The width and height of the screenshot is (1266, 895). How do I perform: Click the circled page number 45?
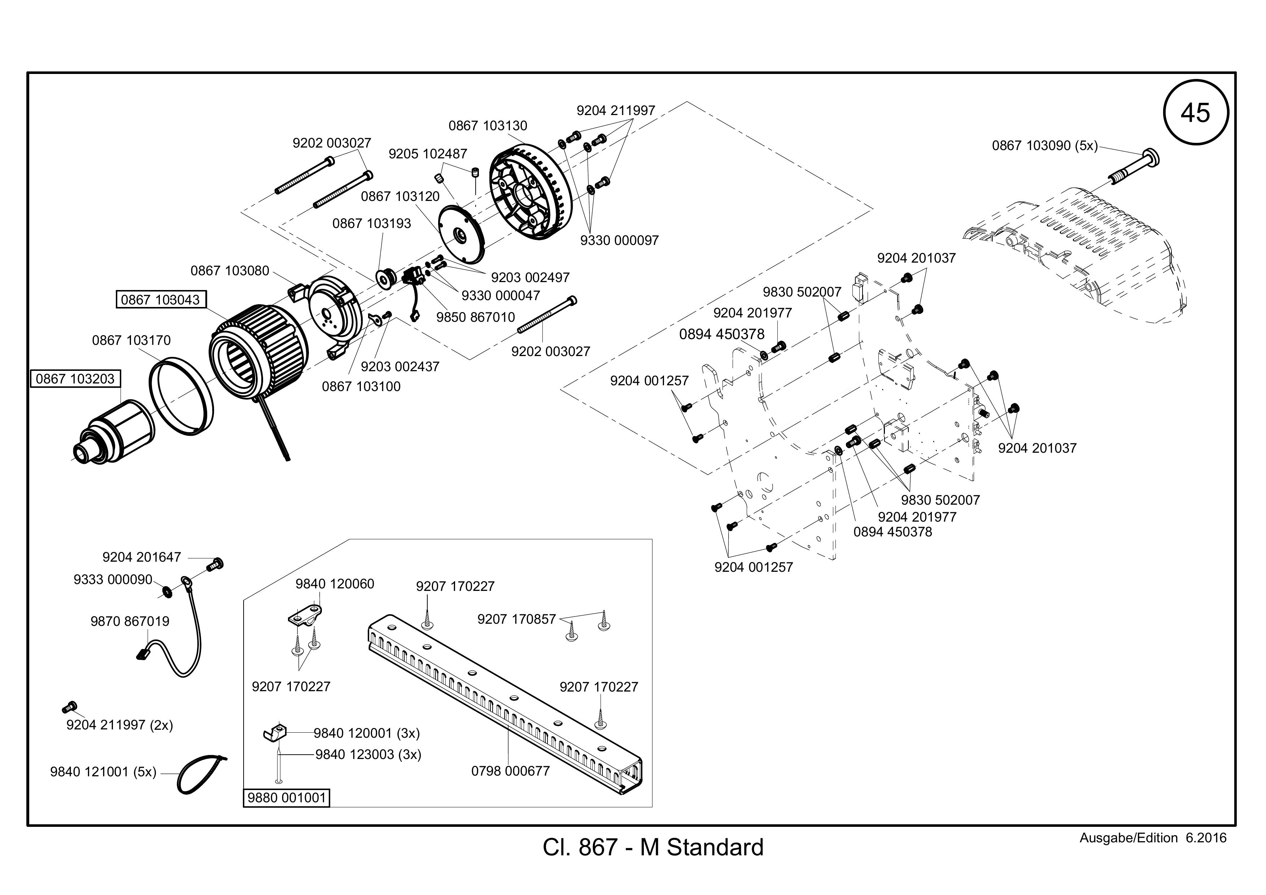(x=1195, y=113)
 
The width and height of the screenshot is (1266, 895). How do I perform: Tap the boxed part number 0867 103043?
(x=161, y=300)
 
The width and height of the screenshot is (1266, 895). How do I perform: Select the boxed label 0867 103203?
(x=75, y=379)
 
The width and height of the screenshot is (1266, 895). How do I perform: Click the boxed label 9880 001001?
(x=286, y=798)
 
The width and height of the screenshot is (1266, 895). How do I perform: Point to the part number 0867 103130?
(x=488, y=126)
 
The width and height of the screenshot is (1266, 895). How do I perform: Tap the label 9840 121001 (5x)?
(x=103, y=772)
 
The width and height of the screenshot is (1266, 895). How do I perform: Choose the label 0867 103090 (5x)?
(x=1045, y=145)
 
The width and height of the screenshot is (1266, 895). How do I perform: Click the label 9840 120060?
(x=335, y=584)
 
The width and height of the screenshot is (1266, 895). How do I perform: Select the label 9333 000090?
(x=113, y=580)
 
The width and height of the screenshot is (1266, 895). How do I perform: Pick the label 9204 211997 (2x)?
(x=120, y=725)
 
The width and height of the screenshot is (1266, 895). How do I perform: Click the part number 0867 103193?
(x=372, y=223)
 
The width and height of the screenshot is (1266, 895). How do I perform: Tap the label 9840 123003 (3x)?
(x=368, y=754)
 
